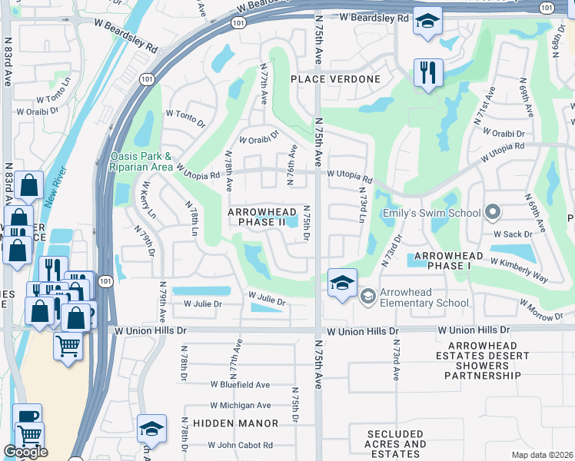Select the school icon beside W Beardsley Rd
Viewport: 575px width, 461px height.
[x=427, y=22]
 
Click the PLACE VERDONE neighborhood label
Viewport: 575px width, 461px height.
[x=334, y=79]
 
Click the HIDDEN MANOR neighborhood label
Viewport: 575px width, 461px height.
[x=235, y=423]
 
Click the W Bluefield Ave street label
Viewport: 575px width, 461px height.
[x=240, y=384]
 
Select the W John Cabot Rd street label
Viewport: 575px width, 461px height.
[x=240, y=445]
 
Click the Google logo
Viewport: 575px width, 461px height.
[x=25, y=452]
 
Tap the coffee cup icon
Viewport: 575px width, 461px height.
[x=27, y=415]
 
